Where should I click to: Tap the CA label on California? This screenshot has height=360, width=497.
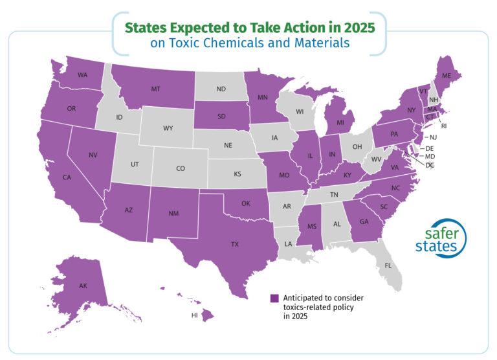point(67,177)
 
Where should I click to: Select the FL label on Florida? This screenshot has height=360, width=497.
point(388,265)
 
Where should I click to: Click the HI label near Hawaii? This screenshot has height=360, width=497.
point(194,315)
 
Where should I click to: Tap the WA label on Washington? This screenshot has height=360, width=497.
point(82,75)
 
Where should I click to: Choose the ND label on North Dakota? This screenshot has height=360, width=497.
point(221,89)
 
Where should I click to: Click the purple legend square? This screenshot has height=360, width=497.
point(274,298)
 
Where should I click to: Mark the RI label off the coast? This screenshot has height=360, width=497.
point(445,125)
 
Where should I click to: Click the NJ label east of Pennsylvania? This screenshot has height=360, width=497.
point(432,137)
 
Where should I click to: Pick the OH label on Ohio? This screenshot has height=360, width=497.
point(357,146)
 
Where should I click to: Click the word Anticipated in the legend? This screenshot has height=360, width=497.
point(305,298)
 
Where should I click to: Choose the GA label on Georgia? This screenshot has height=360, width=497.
point(363,221)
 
